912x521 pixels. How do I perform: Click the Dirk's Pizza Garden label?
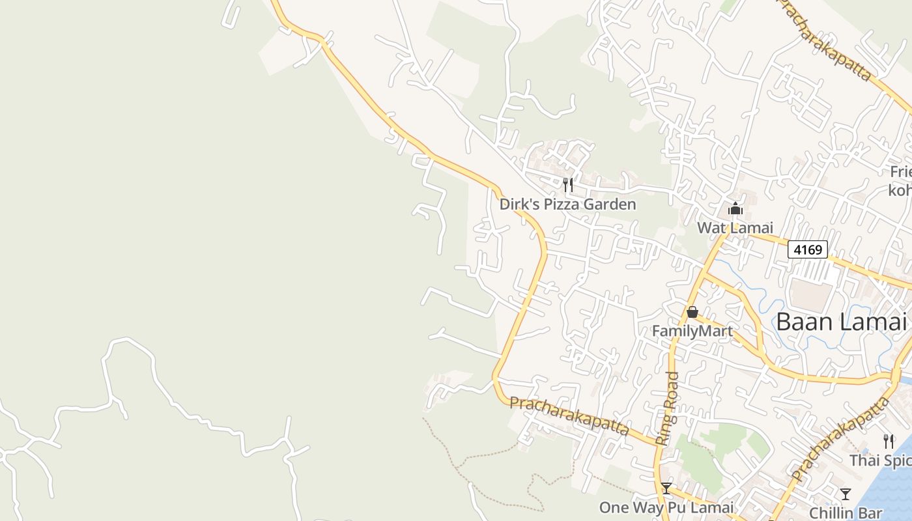click(x=567, y=204)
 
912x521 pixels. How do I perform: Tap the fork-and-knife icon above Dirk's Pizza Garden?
click(x=568, y=185)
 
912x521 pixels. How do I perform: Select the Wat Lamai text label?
click(x=735, y=228)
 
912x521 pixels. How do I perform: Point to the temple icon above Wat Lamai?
click(x=735, y=209)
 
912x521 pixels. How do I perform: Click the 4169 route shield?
click(x=807, y=249)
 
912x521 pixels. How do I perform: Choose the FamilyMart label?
click(x=692, y=331)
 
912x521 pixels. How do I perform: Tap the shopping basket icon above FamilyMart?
click(x=692, y=313)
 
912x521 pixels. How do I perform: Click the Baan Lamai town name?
click(x=842, y=322)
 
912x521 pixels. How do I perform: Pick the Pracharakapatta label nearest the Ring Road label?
click(x=569, y=416)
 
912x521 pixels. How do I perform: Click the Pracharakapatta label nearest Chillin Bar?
click(x=841, y=440)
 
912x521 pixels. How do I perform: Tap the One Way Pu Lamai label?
click(x=666, y=507)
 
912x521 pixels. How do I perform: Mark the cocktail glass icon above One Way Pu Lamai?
click(x=666, y=488)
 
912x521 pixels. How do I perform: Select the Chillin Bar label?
click(x=846, y=513)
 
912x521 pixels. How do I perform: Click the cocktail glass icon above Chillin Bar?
click(x=846, y=494)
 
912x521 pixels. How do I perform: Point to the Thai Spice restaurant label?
click(x=880, y=460)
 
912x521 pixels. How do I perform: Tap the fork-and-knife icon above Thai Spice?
click(x=889, y=442)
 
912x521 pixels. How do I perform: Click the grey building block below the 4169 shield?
click(x=811, y=294)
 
